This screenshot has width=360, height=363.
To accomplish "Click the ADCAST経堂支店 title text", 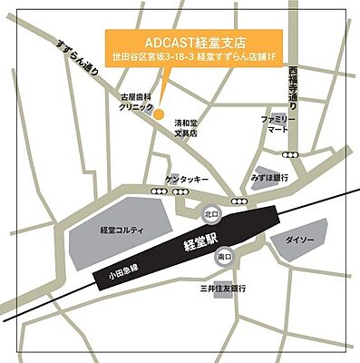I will (194, 42).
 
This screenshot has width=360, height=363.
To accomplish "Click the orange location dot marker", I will (158, 114).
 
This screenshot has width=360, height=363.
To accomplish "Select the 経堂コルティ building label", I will (122, 231).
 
